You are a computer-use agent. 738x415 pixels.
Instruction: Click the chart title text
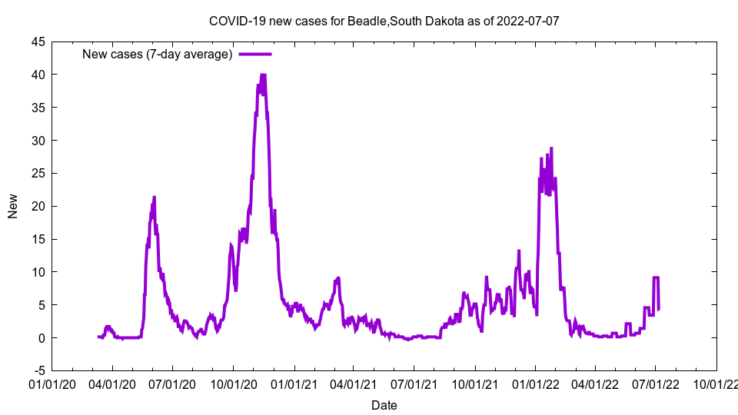384,21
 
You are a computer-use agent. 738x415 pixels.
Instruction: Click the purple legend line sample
255,54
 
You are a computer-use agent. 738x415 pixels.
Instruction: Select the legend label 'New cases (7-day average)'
158,54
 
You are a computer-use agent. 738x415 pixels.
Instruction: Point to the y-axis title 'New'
13,206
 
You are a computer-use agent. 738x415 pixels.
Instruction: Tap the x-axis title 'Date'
384,405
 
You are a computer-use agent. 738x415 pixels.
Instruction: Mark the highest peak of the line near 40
263,75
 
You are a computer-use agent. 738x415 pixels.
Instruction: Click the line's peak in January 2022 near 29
551,148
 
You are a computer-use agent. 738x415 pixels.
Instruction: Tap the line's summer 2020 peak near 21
155,197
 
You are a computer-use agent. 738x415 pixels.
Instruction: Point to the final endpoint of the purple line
659,310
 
